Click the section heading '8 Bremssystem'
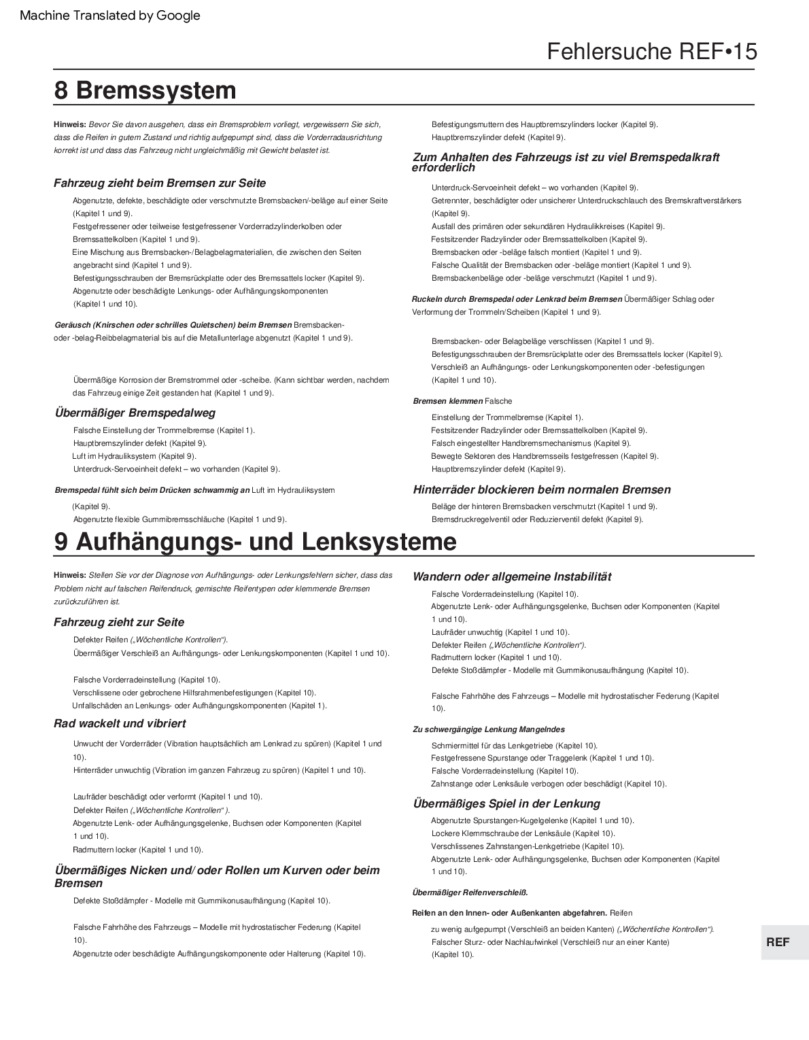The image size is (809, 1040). point(145,90)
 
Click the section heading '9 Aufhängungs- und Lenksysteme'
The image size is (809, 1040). point(255,542)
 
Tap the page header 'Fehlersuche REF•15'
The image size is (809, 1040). point(651,52)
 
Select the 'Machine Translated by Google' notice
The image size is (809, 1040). point(110,16)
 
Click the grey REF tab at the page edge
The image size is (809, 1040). point(778,942)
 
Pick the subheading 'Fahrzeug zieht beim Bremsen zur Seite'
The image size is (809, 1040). point(160,183)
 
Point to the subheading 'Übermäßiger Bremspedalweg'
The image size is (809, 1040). point(135,413)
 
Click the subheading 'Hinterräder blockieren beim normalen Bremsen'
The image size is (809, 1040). point(542,489)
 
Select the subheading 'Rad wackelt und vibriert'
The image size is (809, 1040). point(120,723)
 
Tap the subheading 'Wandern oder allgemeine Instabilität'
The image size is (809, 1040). point(512,576)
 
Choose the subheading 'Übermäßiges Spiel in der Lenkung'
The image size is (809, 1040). point(506,803)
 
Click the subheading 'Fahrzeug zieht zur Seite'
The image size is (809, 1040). point(119,622)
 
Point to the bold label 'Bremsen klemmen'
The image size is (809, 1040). point(447,401)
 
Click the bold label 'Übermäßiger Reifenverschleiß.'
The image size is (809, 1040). point(470,892)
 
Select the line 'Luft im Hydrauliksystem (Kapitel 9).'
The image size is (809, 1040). point(134,456)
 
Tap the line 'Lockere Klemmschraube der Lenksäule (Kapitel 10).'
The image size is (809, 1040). point(523,833)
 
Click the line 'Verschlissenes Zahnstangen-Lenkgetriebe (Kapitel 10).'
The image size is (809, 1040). point(527,846)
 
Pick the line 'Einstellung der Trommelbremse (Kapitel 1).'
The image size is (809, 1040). point(507,417)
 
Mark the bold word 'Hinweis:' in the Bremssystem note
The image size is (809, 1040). point(69,124)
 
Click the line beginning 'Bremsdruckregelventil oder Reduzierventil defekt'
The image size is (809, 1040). point(537,519)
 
